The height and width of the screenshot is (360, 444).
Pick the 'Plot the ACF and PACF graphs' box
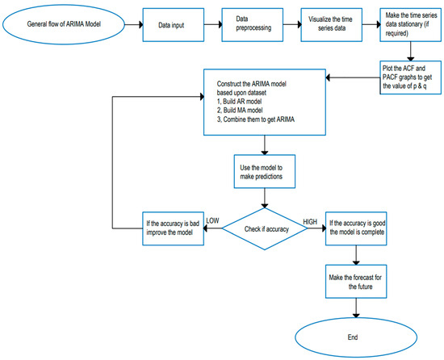(x=409, y=79)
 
